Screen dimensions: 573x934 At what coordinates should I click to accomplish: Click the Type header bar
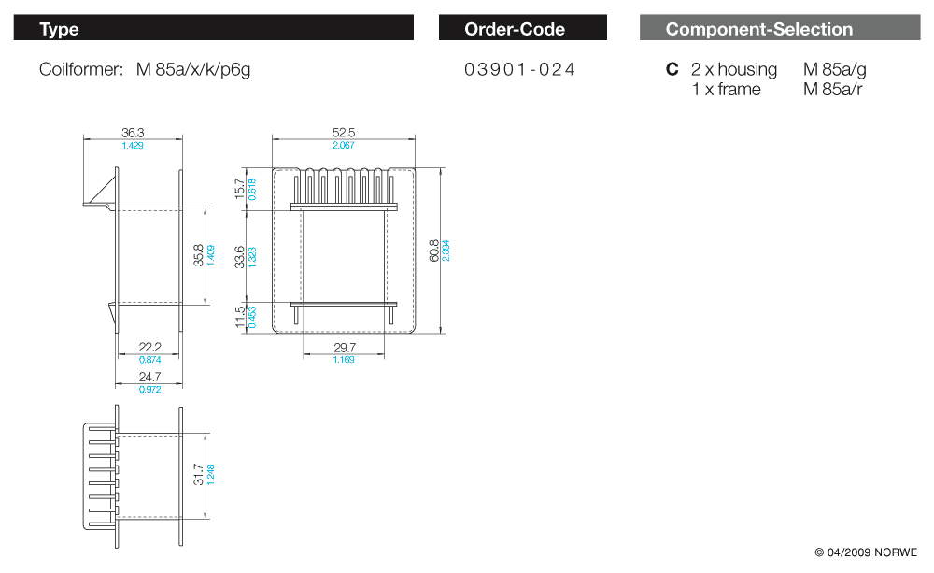[x=213, y=28]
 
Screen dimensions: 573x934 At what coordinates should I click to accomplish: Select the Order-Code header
[x=522, y=28]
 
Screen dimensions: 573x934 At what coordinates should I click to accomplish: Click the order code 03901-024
[x=519, y=69]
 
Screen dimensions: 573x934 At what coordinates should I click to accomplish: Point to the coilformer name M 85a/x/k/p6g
[x=193, y=69]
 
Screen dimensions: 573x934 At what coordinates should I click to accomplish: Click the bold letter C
[x=672, y=69]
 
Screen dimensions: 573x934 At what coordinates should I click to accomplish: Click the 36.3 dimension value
[x=133, y=134]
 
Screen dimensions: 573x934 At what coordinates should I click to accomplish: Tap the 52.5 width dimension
[x=344, y=134]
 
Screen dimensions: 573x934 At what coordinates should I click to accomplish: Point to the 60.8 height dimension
[x=433, y=251]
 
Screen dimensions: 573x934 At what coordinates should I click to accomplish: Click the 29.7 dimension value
[x=344, y=348]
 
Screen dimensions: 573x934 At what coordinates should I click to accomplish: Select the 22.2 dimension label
[x=149, y=348]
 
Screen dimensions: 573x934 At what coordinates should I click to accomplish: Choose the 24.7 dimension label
[x=149, y=377]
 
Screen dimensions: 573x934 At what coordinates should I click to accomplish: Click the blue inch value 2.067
[x=344, y=145]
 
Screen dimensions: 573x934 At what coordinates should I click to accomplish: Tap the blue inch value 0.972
[x=149, y=389]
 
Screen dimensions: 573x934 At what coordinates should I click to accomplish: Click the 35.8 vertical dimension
[x=198, y=255]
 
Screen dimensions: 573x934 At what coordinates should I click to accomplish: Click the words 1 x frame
[x=726, y=89]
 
